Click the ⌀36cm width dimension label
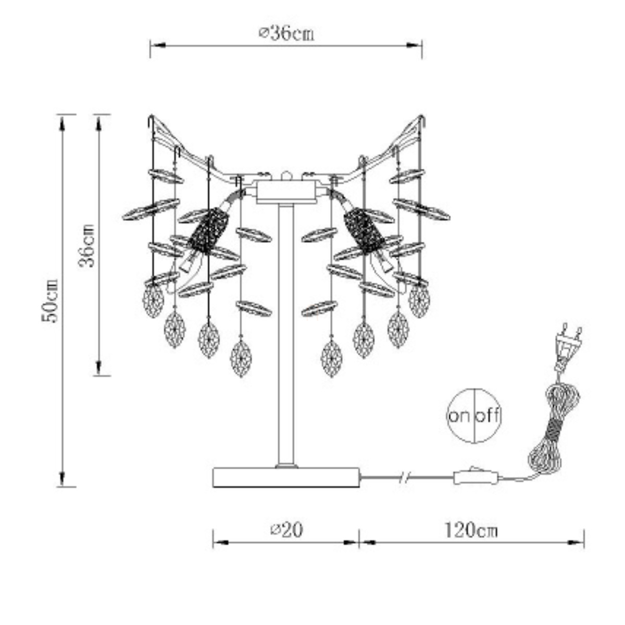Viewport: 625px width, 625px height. pyautogui.click(x=286, y=33)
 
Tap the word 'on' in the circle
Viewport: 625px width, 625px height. pyautogui.click(x=460, y=416)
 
